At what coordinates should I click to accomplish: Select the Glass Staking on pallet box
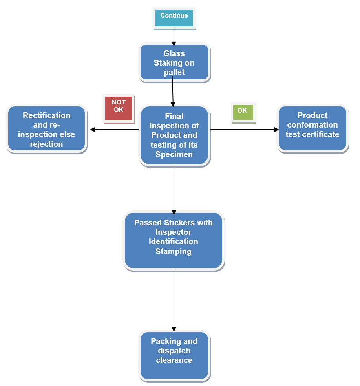(x=174, y=63)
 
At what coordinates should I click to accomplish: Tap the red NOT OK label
(x=119, y=107)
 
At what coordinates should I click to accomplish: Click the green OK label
(x=243, y=112)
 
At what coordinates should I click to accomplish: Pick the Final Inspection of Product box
(x=174, y=135)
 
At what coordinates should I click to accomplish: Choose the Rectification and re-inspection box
(x=46, y=129)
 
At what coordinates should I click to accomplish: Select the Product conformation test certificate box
(x=312, y=128)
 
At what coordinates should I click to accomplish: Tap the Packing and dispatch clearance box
(x=174, y=356)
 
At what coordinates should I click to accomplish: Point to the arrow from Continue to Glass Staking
(x=174, y=37)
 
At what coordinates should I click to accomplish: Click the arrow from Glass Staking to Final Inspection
(x=173, y=91)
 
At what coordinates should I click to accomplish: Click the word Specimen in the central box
(x=174, y=154)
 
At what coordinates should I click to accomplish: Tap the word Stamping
(x=174, y=251)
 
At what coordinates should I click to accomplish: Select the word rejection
(x=46, y=144)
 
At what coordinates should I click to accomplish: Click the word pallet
(x=174, y=72)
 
